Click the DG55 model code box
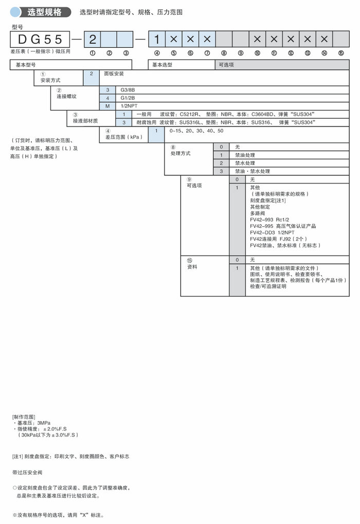pos(40,39)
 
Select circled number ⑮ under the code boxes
pos(341,52)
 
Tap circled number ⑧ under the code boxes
pos(224,52)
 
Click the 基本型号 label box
pos(26,65)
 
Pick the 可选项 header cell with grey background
pos(227,65)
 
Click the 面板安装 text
pos(114,74)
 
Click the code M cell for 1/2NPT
pos(107,105)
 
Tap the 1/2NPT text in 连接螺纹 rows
pos(129,105)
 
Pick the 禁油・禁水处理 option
pos(252,171)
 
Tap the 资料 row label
pos(192,267)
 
